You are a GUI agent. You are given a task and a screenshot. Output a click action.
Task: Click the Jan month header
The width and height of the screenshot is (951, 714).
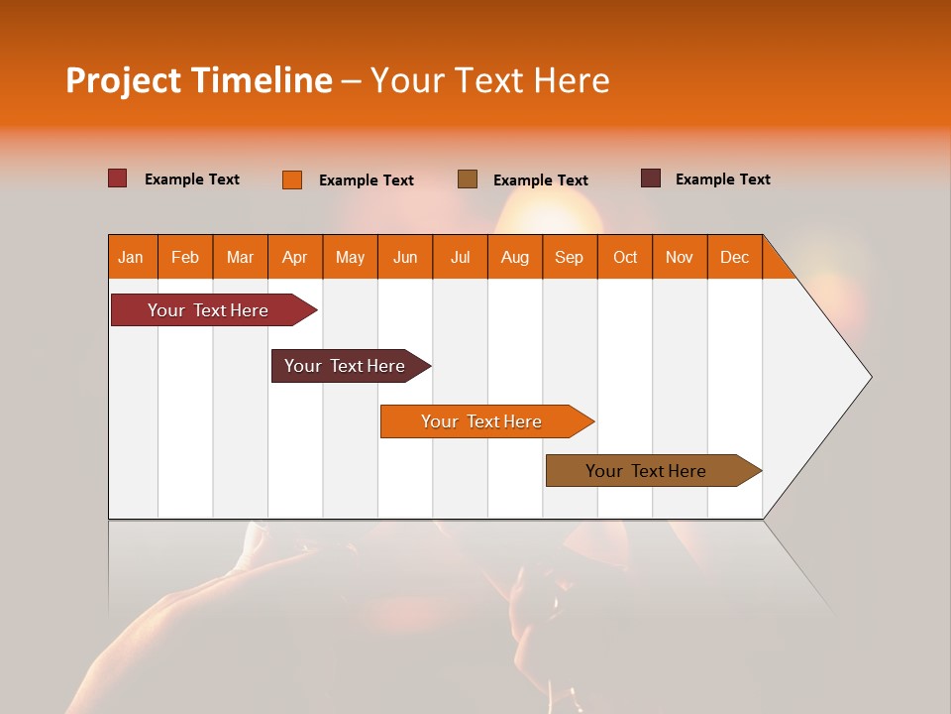pyautogui.click(x=132, y=257)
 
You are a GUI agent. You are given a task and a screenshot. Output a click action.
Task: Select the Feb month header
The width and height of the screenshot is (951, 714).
pyautogui.click(x=185, y=257)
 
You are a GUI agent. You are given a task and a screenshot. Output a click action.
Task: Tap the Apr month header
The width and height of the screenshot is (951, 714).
pyautogui.click(x=295, y=257)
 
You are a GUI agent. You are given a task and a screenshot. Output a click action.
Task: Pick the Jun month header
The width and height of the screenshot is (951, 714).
pyautogui.click(x=405, y=257)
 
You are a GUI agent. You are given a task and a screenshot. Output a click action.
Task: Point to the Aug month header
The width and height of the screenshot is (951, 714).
pyautogui.click(x=515, y=257)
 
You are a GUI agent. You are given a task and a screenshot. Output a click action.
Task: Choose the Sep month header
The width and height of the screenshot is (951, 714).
pyautogui.click(x=570, y=257)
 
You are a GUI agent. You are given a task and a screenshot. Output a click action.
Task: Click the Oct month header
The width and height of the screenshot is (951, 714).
pyautogui.click(x=625, y=257)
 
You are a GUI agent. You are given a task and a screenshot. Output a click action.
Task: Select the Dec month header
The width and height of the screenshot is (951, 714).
pyautogui.click(x=735, y=257)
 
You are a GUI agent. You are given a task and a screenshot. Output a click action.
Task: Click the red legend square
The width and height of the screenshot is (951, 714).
pyautogui.click(x=118, y=178)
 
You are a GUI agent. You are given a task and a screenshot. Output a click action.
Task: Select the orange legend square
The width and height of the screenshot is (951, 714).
pyautogui.click(x=292, y=179)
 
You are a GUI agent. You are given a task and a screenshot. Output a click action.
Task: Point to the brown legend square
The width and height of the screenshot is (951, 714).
pyautogui.click(x=468, y=178)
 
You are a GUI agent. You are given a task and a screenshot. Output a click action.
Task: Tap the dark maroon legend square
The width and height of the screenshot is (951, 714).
pyautogui.click(x=651, y=178)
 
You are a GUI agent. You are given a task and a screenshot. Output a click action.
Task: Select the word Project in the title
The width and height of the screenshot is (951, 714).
pyautogui.click(x=123, y=80)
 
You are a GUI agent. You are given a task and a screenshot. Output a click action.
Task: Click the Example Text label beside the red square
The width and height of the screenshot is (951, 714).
pyautogui.click(x=192, y=179)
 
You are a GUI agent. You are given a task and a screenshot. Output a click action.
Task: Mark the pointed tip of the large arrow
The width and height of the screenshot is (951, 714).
pyautogui.click(x=870, y=377)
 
